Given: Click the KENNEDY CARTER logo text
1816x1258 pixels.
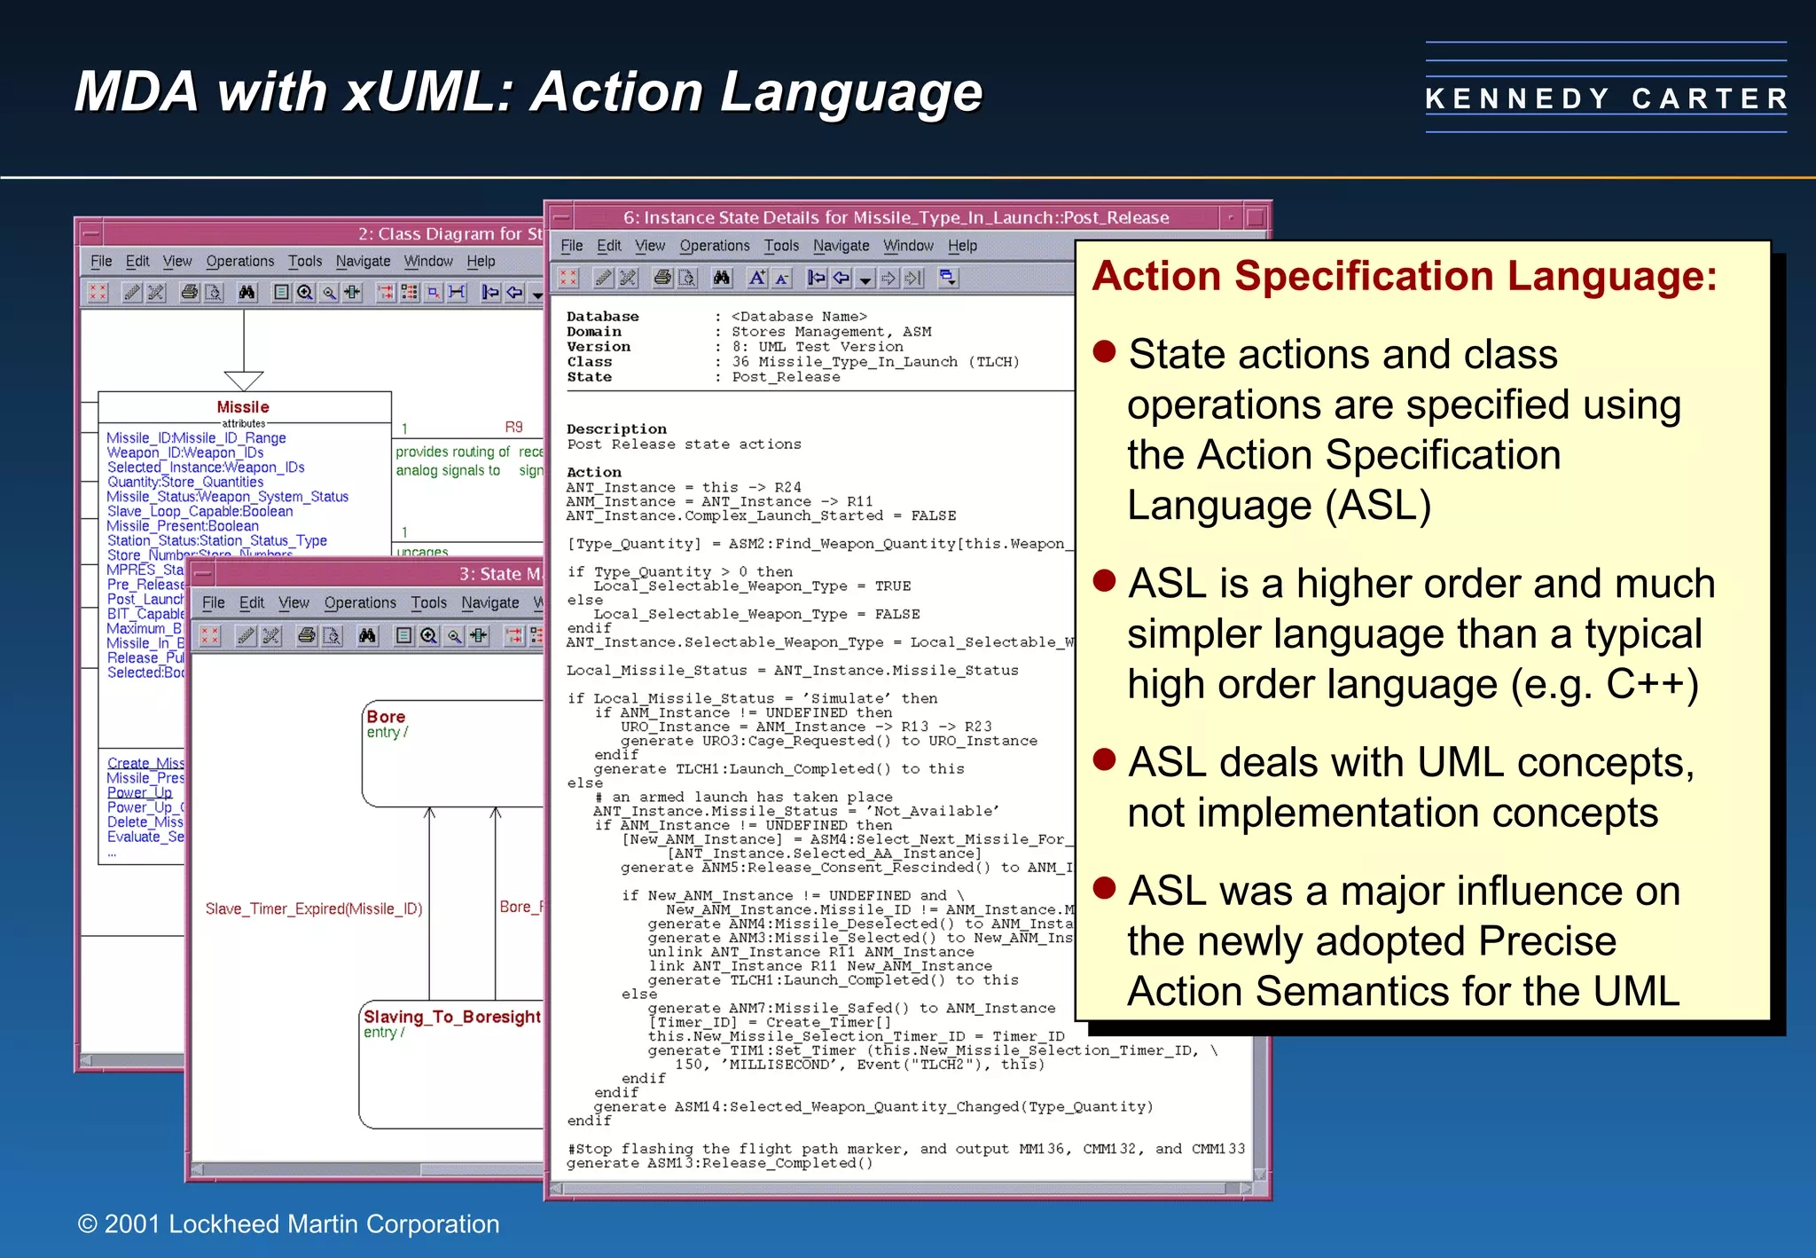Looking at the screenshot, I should (x=1606, y=98).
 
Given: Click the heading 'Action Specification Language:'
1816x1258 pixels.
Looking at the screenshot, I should (x=1405, y=276).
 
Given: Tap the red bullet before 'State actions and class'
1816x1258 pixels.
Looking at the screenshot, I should (x=1104, y=352).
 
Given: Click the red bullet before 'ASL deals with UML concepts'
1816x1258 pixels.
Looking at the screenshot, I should (x=1104, y=760).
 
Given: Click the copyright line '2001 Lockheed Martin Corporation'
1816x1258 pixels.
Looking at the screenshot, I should (x=289, y=1224).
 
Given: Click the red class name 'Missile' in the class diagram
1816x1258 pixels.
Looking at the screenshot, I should (x=243, y=407).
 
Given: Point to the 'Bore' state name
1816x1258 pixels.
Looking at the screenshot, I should (x=386, y=717).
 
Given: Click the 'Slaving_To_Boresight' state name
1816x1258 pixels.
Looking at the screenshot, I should (x=451, y=1017).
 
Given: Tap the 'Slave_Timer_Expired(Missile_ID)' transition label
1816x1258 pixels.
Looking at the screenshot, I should (x=314, y=908).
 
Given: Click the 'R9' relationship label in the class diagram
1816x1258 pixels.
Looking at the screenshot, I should (x=513, y=427).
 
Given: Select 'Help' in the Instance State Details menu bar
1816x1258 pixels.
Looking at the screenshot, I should (x=962, y=246).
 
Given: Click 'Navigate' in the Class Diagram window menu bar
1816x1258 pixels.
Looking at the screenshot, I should (x=363, y=261).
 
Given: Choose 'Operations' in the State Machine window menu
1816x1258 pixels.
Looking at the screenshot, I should (x=360, y=602).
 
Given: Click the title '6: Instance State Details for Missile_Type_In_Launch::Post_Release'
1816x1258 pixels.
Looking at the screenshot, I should (x=896, y=217).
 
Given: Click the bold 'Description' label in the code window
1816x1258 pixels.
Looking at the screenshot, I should (x=616, y=429).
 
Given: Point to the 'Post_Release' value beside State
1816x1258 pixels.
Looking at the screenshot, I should (x=786, y=377).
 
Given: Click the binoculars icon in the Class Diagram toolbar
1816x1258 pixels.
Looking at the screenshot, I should (x=247, y=292).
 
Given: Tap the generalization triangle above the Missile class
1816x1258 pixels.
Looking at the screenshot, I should (x=244, y=380).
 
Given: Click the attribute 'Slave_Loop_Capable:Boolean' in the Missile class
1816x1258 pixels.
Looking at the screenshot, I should (x=200, y=511).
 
